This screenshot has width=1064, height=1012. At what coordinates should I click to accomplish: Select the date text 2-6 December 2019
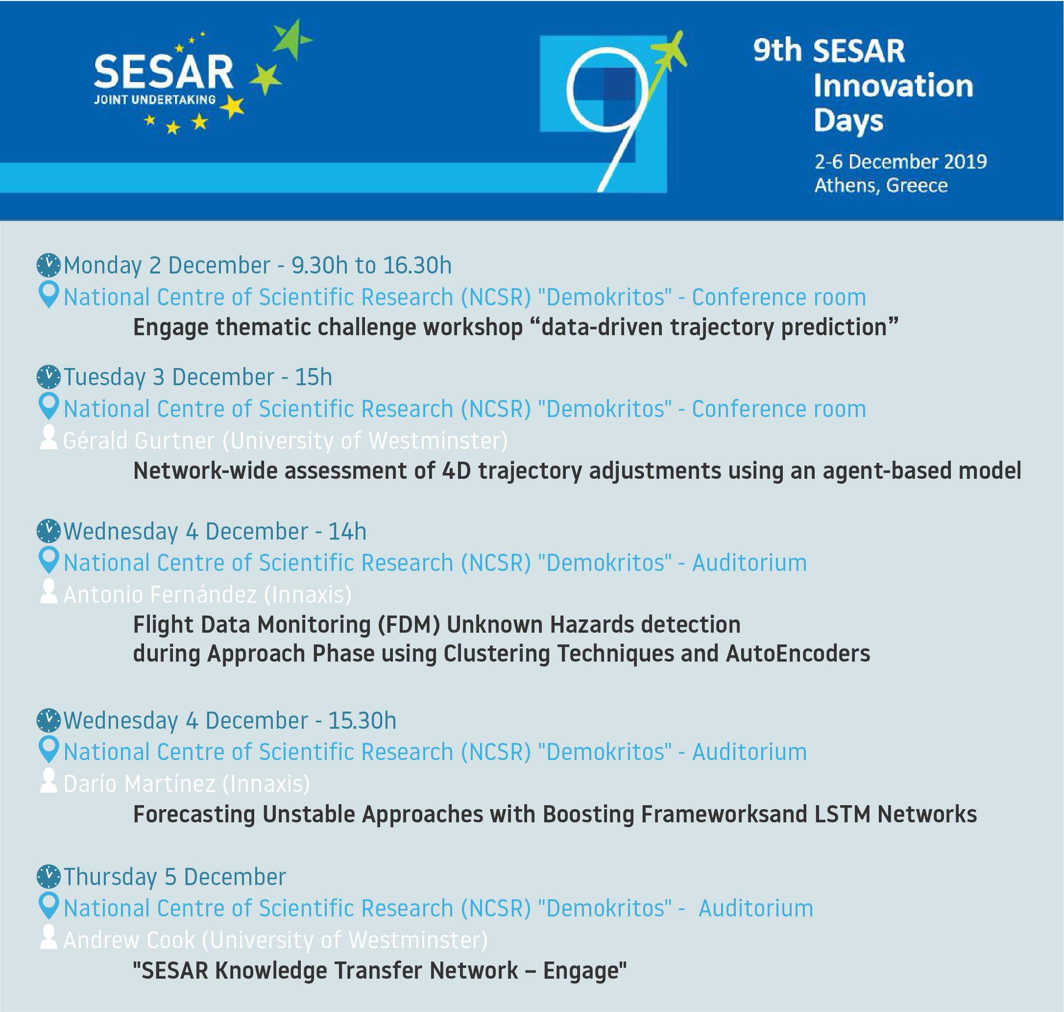900,161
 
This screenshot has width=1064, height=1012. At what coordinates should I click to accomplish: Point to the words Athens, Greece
881,185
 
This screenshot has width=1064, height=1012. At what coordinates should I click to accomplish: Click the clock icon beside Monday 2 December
48,265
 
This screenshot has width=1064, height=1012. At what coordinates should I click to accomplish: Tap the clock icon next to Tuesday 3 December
48,376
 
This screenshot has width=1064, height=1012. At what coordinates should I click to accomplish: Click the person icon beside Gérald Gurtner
48,437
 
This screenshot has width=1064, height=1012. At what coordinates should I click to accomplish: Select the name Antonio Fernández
160,594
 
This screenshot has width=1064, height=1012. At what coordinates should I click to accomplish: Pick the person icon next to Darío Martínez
48,780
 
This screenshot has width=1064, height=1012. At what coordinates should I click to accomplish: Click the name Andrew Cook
129,940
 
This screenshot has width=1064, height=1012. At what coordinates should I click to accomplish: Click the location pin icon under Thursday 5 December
48,906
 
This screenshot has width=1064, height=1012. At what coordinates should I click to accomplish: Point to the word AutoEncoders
798,653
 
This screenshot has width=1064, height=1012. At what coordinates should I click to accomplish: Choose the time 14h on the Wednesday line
347,531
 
